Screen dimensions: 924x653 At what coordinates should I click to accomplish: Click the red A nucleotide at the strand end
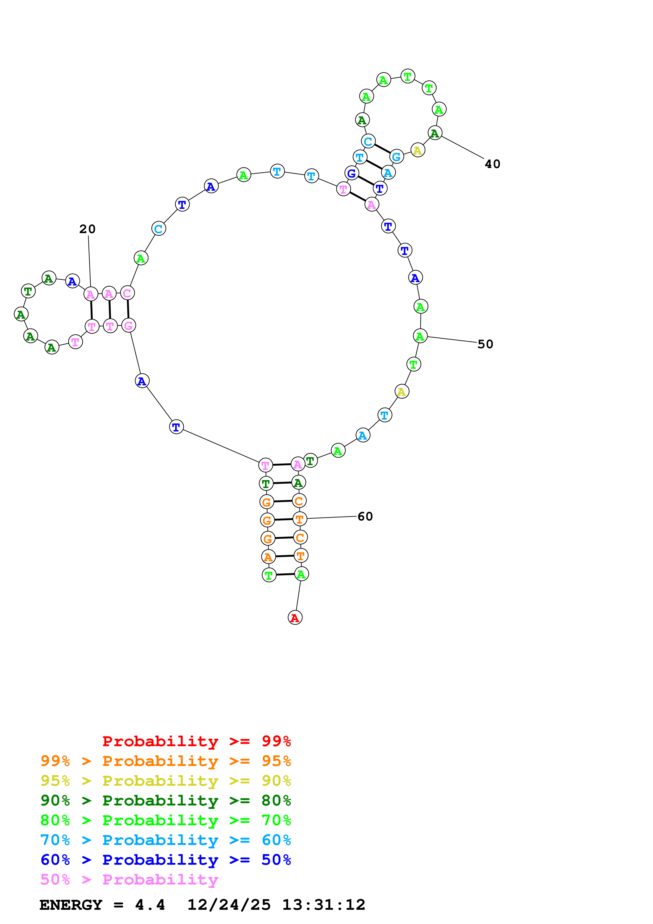[295, 617]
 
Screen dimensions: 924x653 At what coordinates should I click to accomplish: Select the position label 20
[87, 229]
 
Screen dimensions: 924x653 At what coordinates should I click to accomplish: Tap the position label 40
[493, 164]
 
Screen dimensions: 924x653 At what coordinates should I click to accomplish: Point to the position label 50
[485, 344]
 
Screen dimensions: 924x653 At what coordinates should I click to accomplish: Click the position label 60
[365, 516]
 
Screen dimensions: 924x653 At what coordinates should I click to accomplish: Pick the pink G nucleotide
[128, 325]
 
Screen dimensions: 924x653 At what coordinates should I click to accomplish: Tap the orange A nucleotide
[268, 557]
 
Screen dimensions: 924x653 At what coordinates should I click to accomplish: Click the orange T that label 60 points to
[299, 519]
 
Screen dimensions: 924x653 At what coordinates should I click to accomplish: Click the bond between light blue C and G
[382, 149]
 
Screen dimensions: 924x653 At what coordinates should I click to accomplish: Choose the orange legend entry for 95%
[165, 761]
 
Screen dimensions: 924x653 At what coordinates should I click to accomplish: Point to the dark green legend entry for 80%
[165, 800]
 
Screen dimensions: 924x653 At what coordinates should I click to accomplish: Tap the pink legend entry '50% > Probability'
[129, 879]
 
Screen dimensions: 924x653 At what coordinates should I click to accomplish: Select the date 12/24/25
[229, 905]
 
